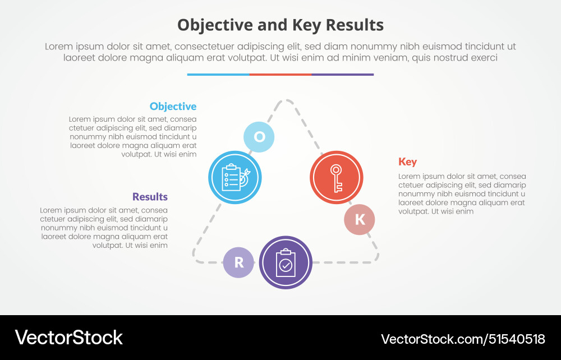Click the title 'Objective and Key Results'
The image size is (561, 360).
pos(280,25)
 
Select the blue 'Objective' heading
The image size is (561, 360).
pos(173,107)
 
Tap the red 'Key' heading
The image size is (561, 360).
pos(407,162)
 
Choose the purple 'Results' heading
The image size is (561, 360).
pos(150,197)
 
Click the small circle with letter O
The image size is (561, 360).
pos(259,137)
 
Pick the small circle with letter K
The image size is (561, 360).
pos(360,219)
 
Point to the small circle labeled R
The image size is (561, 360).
pos(238,262)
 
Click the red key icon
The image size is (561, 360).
pos(337,178)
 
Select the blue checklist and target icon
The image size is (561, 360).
pos(234,178)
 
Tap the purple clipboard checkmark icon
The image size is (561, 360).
pos(286,262)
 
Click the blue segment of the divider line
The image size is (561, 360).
pos(218,74)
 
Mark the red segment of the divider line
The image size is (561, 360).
pos(280,74)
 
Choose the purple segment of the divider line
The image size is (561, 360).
pos(342,74)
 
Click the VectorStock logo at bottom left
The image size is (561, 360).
pos(68,338)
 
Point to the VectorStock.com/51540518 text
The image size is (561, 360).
pos(463,339)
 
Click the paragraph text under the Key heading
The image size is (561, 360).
pos(462,194)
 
